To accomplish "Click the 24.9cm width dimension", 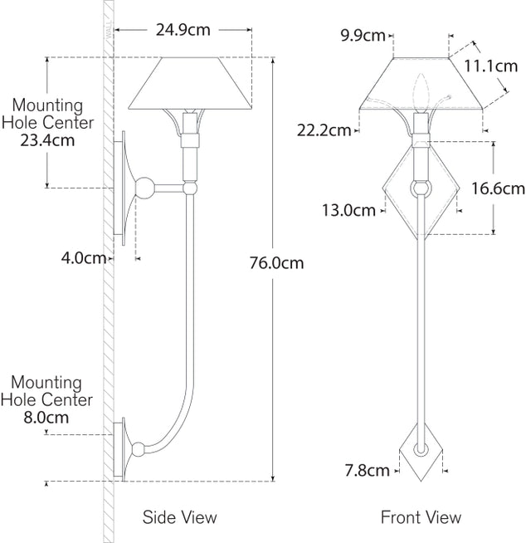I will point(183,31).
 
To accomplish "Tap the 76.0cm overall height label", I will point(276,264).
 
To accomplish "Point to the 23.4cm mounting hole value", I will point(47,140).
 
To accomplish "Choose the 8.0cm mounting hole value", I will point(47,418).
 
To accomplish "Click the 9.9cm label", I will point(363,35).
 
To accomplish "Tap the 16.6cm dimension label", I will point(498,188).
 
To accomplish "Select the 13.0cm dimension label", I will point(348,210).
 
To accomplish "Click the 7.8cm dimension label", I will point(368,471).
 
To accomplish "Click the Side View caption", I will point(180,517).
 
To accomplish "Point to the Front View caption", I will point(421,517).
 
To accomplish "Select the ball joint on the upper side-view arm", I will point(146,188).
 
